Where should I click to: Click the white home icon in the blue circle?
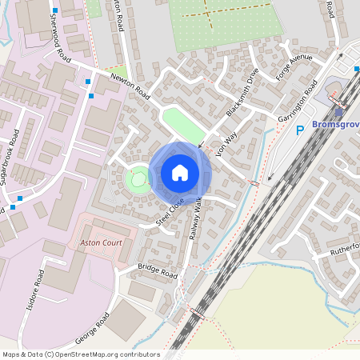180,172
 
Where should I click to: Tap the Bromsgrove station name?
334,128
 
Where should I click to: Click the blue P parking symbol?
301,130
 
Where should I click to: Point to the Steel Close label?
170,210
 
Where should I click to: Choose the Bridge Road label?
158,271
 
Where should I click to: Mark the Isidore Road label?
37,284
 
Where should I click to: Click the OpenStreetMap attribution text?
81,354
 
